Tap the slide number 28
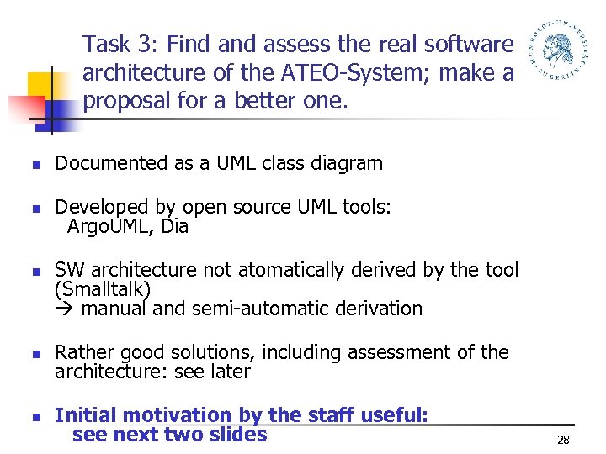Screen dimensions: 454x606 coord(563,440)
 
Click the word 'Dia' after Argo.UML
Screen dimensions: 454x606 coord(174,227)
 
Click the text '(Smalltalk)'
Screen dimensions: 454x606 coord(103,289)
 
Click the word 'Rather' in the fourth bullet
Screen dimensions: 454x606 coord(82,352)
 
